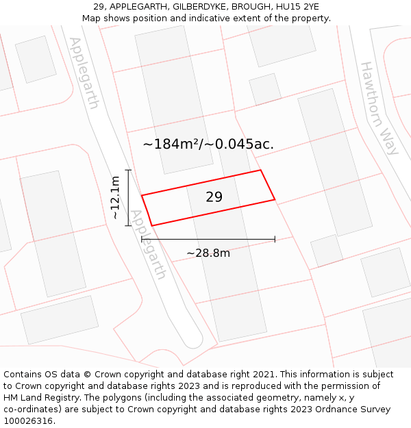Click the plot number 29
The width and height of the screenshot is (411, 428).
pos(214,197)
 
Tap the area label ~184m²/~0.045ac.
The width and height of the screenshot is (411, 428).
pos(208,144)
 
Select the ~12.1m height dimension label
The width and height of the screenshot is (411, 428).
pos(116,197)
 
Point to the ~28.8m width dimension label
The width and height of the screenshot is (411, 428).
pos(208,253)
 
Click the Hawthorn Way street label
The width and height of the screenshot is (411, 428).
pos(379,108)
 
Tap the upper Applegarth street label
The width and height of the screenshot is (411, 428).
pos(84,73)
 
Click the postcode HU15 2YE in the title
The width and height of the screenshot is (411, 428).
pos(295,7)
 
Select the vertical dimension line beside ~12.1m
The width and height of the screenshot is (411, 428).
pos(128,197)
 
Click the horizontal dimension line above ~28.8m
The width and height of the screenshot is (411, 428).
pos(208,239)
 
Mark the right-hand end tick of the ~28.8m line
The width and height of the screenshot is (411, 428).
pos(275,239)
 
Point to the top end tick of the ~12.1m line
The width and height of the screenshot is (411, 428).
pos(128,169)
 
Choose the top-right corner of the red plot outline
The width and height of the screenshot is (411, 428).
pos(260,171)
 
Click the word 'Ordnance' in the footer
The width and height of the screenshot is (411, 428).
pos(326,410)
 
